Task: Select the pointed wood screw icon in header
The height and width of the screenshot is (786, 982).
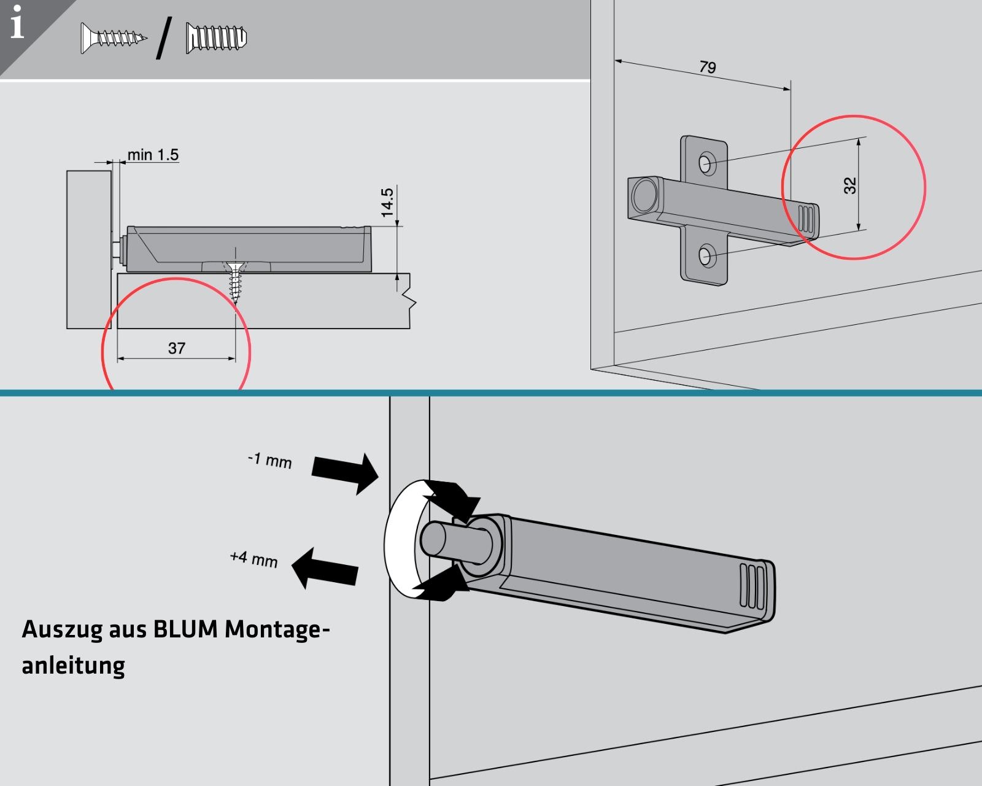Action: coord(114,39)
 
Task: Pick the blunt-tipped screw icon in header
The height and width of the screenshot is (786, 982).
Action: coord(216,38)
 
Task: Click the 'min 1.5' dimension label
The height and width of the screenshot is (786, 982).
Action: coord(153,155)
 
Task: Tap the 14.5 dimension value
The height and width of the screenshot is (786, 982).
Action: coord(387,203)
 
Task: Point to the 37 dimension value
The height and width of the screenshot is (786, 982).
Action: coord(176,348)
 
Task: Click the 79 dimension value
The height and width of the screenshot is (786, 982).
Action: coord(707,67)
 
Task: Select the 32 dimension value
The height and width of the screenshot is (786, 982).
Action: coord(850,185)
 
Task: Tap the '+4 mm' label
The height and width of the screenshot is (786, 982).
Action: coord(253,559)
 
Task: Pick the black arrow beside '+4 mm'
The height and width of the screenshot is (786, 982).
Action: coord(325,568)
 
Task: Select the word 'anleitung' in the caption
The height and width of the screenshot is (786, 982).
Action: coord(73,666)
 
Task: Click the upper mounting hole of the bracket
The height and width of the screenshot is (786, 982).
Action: coord(705,163)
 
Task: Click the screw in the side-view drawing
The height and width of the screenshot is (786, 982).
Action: coord(235,282)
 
